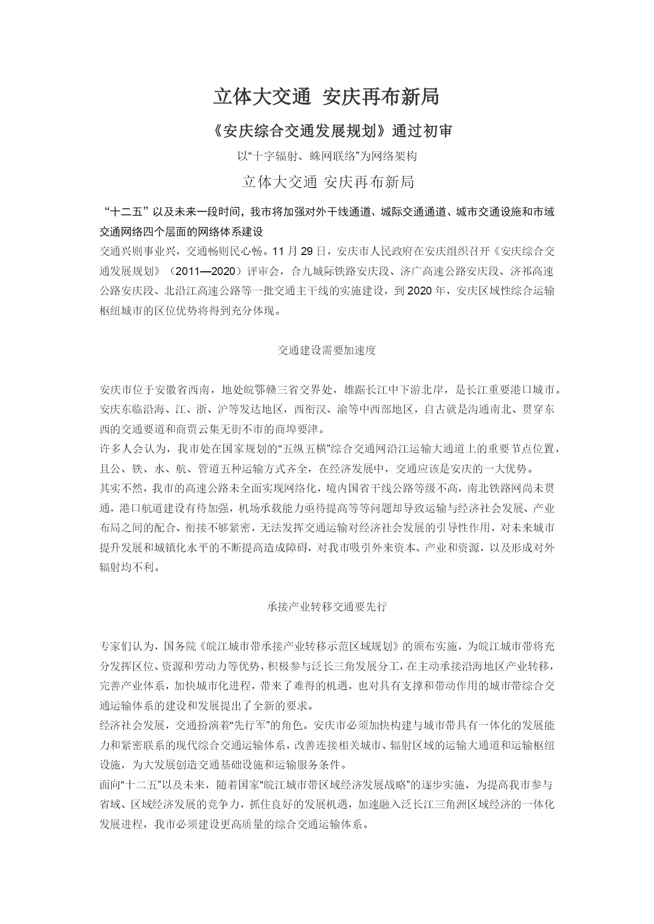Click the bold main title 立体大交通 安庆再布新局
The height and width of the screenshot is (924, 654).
pos(326,97)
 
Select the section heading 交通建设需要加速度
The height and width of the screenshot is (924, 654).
pos(326,350)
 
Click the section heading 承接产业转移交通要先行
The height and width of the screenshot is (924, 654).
pos(326,606)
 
